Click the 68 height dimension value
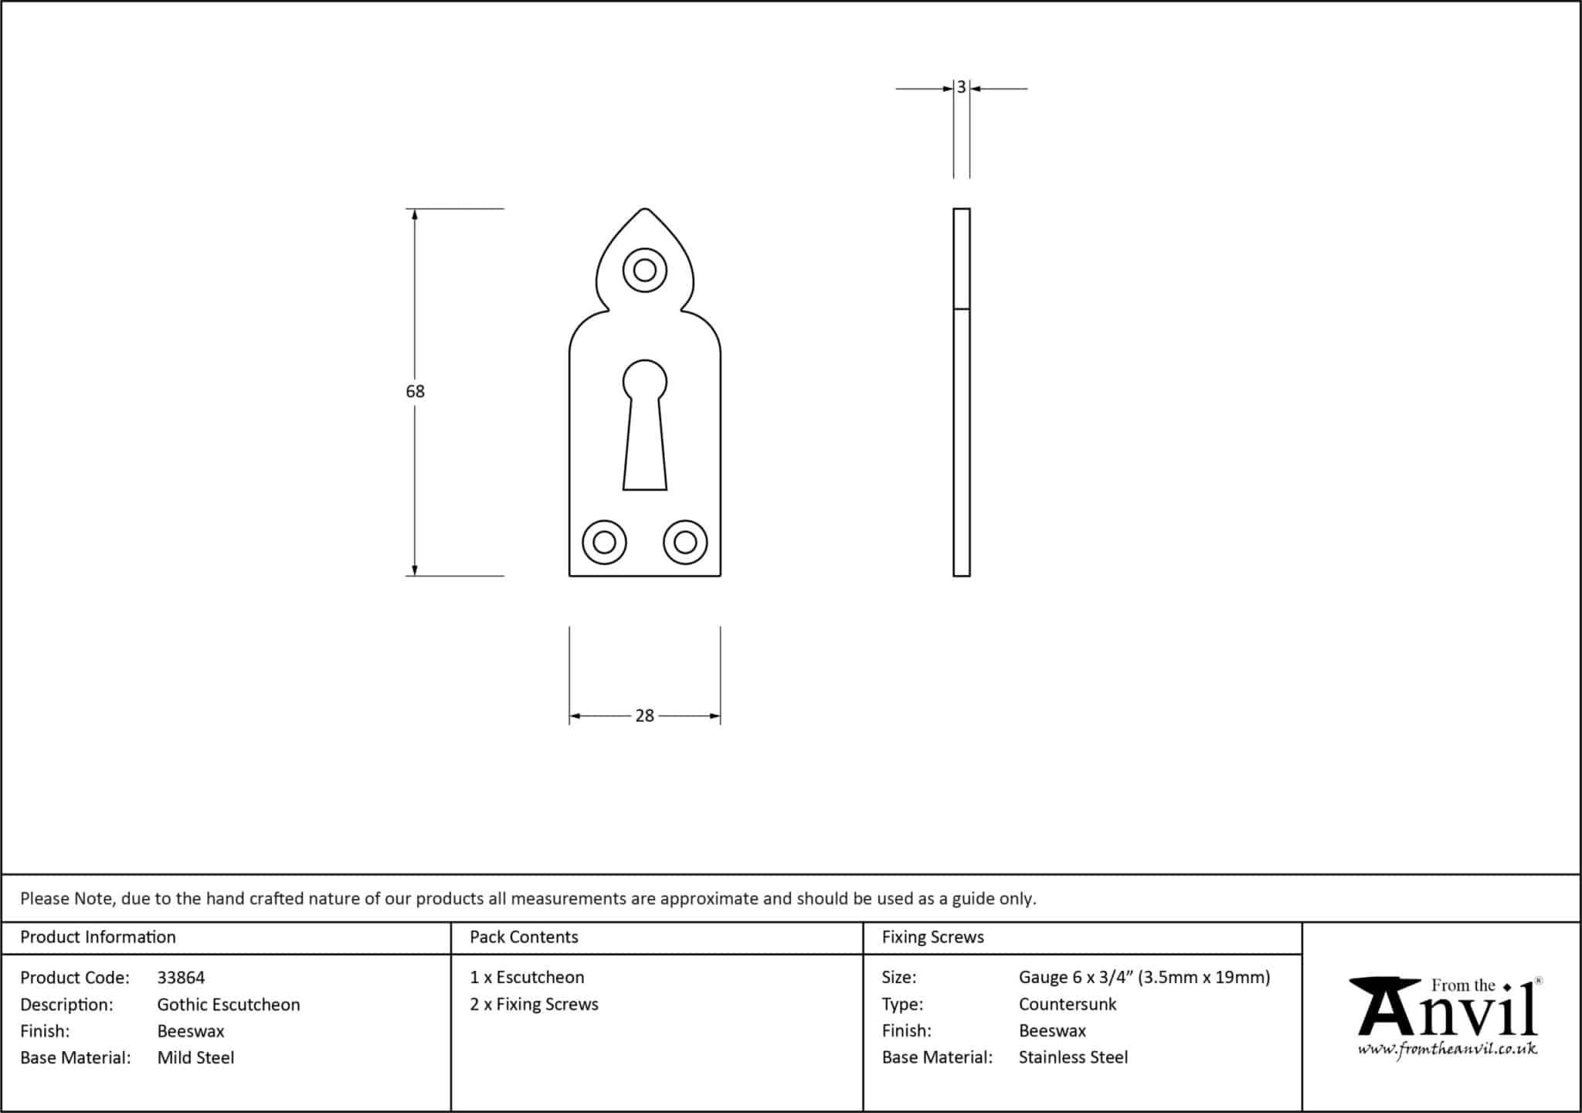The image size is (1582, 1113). [x=415, y=391]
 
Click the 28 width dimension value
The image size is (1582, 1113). [x=644, y=716]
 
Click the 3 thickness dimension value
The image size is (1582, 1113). [x=961, y=87]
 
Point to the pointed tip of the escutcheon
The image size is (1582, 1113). [x=644, y=209]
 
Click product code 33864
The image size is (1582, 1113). [x=181, y=978]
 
